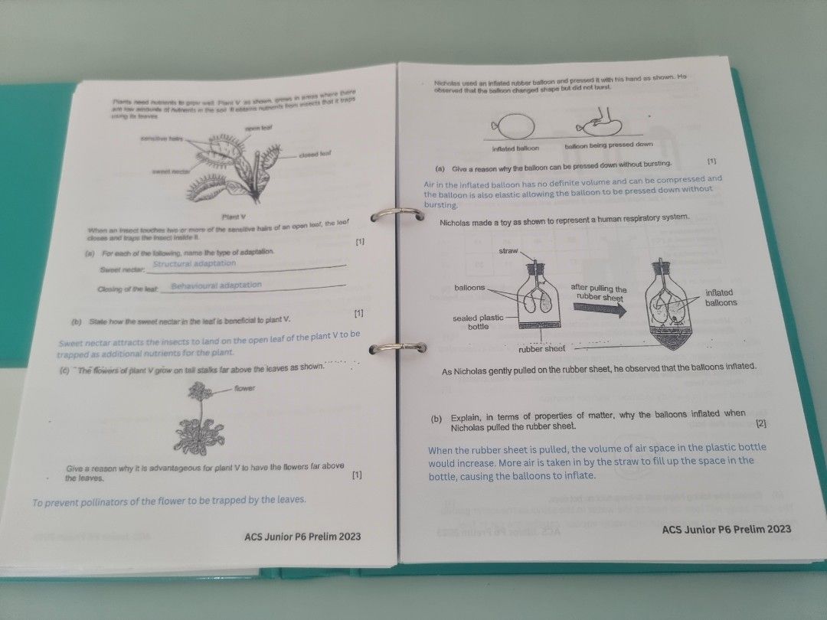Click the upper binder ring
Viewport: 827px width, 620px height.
(x=398, y=215)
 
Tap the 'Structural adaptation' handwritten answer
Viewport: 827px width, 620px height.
(x=194, y=263)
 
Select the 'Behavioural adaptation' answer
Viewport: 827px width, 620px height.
(x=216, y=286)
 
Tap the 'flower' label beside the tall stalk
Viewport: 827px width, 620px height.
(x=245, y=389)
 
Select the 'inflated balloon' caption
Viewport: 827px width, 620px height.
(x=515, y=148)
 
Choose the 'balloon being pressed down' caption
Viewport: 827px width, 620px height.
(x=609, y=145)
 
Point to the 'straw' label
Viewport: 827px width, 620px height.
(x=509, y=251)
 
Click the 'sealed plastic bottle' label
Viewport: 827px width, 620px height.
(x=478, y=322)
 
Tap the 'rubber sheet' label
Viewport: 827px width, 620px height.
(x=542, y=349)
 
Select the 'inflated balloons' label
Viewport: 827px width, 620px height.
(x=721, y=298)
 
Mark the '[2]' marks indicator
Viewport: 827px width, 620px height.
(x=760, y=423)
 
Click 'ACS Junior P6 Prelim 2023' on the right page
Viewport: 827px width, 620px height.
(x=726, y=529)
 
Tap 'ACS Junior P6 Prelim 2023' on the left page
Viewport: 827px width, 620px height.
(x=302, y=536)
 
